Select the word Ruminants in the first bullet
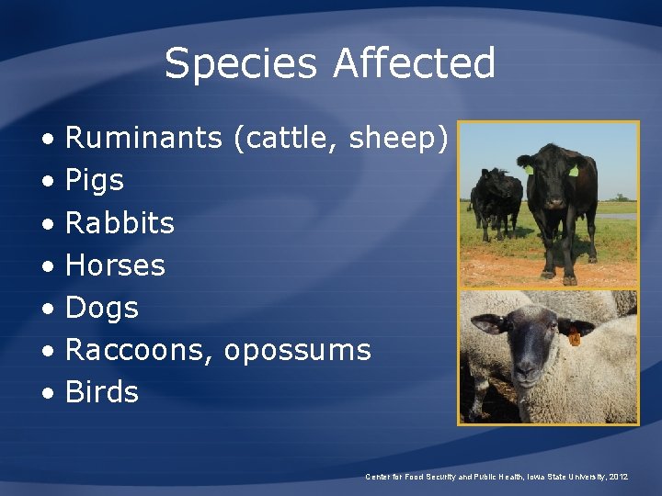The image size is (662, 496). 143,138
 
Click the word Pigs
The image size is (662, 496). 95,181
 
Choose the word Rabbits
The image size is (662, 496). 120,222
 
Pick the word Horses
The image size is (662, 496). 115,265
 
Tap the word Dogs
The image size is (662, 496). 102,308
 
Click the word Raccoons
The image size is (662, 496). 140,350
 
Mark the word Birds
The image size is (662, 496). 102,392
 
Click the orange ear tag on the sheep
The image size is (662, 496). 575,338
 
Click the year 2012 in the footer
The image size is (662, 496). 616,477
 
